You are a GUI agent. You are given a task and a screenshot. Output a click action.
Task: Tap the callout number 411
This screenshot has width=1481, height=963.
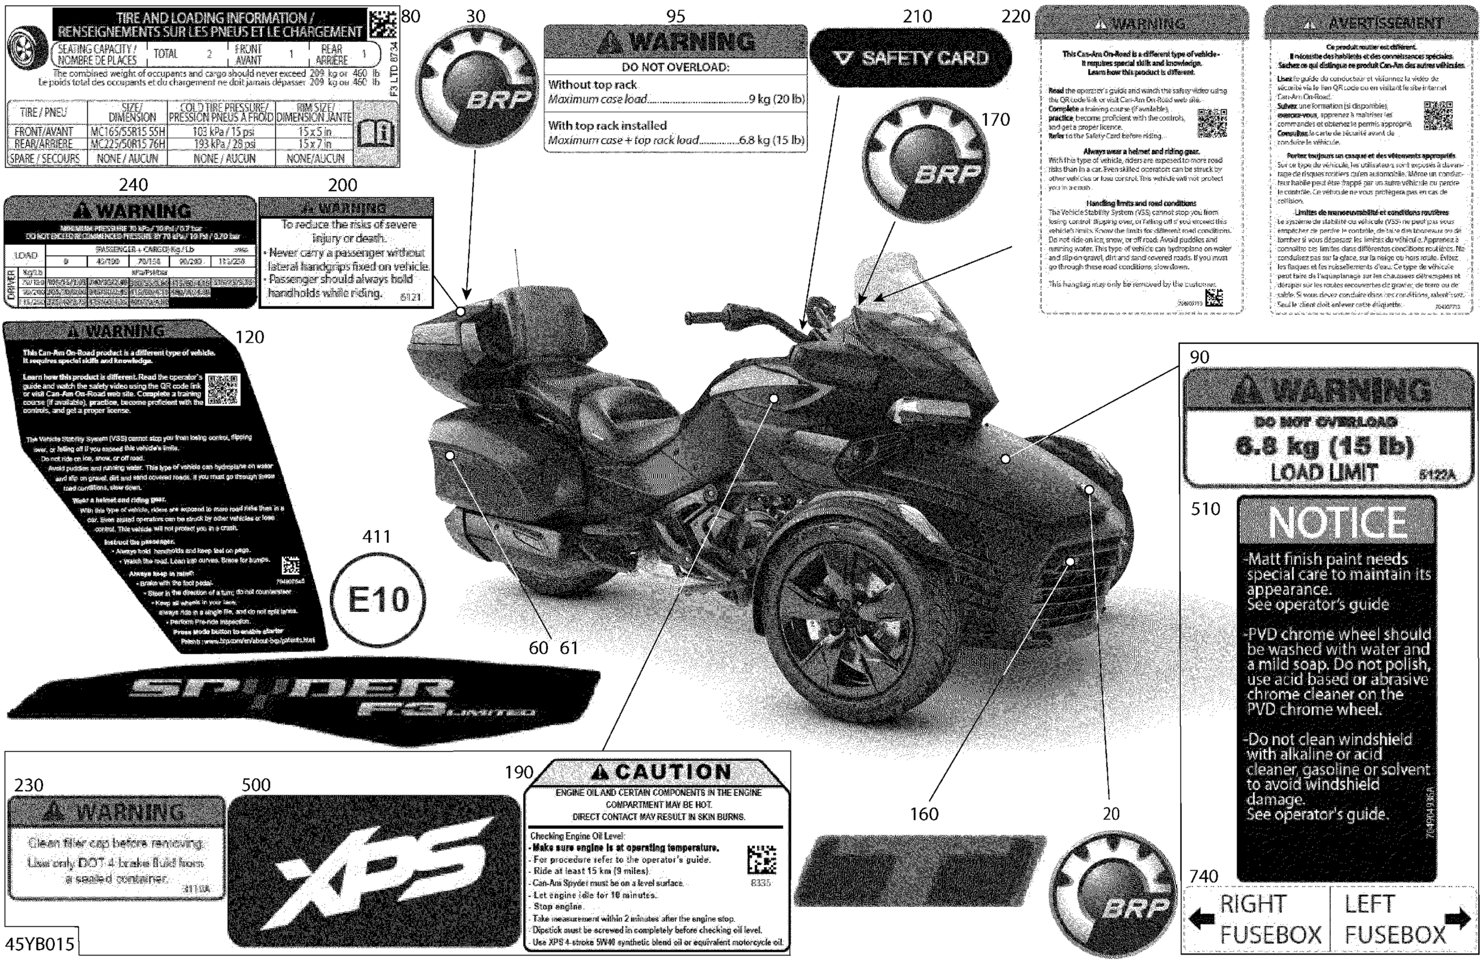[x=376, y=536]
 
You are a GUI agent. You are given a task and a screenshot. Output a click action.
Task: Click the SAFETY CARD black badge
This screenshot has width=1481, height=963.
[x=911, y=58]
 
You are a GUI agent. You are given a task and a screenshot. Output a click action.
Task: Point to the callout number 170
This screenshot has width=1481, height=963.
[x=995, y=120]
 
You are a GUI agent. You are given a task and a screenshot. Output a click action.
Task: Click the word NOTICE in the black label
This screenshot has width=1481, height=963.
[x=1337, y=522]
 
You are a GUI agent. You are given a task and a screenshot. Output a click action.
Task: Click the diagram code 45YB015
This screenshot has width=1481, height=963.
[x=39, y=944]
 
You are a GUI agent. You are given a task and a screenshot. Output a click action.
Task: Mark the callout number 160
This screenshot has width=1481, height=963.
[x=924, y=813]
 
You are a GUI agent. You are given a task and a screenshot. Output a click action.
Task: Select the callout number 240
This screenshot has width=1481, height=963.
[x=133, y=185]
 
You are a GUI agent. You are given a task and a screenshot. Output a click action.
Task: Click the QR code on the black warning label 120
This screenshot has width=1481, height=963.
[x=222, y=390]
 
